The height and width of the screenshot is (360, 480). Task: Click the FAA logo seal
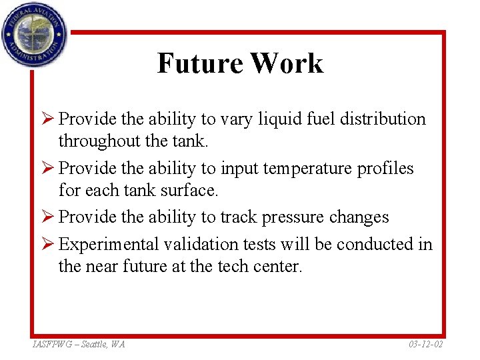[x=34, y=33]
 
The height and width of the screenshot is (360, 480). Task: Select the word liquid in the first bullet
[x=278, y=119]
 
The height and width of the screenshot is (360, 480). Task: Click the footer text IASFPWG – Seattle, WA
[x=78, y=344]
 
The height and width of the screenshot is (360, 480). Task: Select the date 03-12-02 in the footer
[x=425, y=344]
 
